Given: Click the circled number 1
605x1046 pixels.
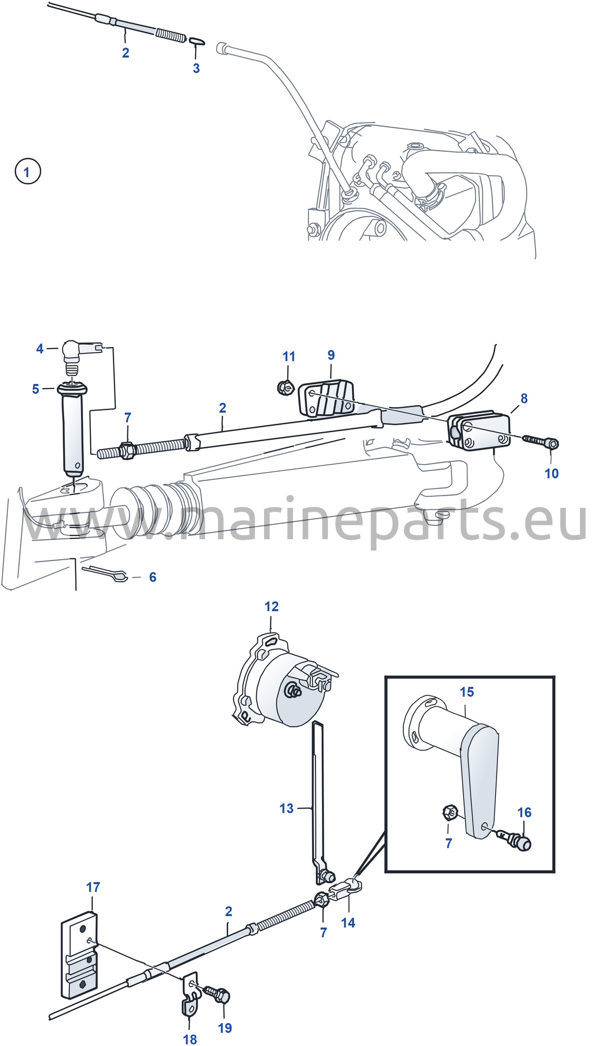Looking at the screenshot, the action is tap(27, 171).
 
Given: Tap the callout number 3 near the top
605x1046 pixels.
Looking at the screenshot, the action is tap(196, 68).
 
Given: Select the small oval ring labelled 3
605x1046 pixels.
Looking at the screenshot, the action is tap(196, 41).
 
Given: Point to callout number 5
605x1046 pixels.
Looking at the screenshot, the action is tap(35, 389).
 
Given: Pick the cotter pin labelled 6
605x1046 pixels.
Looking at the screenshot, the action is tap(105, 573).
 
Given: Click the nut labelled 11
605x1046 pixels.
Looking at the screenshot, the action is tap(286, 387).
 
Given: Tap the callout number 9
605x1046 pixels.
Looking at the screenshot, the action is tap(331, 355).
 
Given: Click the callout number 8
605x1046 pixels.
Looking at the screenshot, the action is tap(524, 398).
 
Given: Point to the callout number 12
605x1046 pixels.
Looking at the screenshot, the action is tap(271, 607).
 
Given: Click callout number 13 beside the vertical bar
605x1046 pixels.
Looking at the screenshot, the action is tap(287, 809).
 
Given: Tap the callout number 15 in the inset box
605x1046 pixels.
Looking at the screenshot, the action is tap(467, 692).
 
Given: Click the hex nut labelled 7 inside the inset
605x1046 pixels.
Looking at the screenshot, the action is tap(450, 813).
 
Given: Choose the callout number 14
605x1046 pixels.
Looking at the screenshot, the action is tap(348, 923).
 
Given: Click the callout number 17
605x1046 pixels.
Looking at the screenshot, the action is tap(93, 887).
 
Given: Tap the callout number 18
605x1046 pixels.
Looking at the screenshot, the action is tap(190, 1040).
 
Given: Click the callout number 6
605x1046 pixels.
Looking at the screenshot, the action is tap(152, 577).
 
